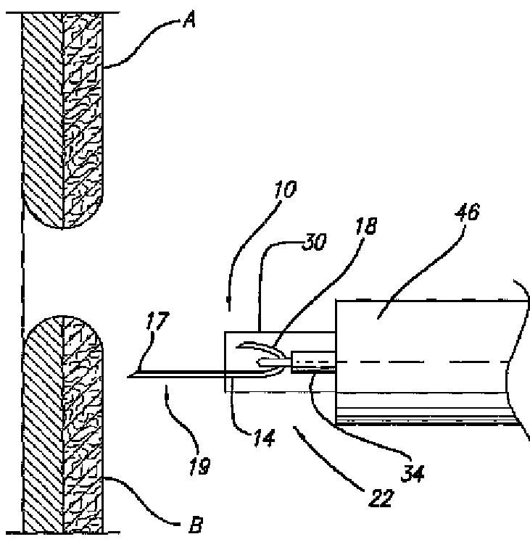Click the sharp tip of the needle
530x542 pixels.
coord(129,376)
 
